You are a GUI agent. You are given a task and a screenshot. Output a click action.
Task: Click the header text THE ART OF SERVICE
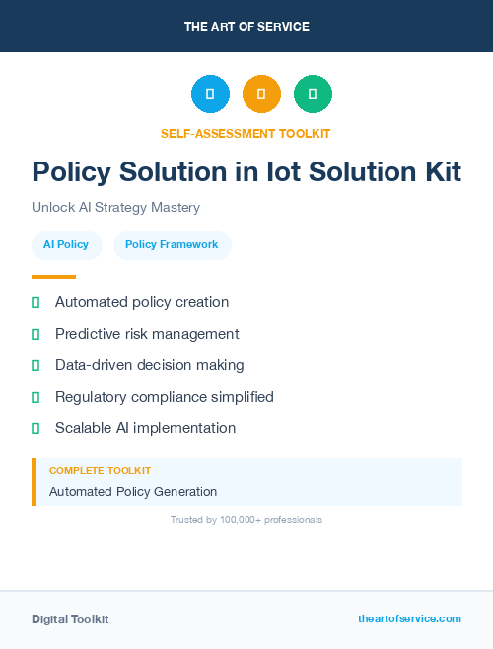click(x=246, y=27)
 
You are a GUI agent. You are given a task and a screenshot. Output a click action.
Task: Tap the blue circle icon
click(x=210, y=95)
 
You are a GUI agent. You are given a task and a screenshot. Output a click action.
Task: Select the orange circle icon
click(x=261, y=95)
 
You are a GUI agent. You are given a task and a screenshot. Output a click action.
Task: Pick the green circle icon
click(x=313, y=95)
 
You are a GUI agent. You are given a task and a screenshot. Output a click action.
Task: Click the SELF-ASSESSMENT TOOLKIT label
click(x=246, y=133)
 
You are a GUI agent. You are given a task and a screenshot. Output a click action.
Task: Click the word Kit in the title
click(x=438, y=172)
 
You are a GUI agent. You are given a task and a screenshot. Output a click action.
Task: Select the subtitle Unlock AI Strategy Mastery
click(x=115, y=208)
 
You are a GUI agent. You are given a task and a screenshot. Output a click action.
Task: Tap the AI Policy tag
click(x=66, y=245)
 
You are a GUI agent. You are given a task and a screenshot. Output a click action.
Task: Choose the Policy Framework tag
click(x=172, y=245)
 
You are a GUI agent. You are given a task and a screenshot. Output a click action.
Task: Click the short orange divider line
click(x=53, y=277)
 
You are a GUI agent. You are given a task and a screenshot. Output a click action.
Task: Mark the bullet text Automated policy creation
click(x=142, y=302)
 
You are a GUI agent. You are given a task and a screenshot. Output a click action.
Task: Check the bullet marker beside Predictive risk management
click(x=35, y=335)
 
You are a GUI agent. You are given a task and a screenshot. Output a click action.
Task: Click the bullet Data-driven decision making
click(x=149, y=365)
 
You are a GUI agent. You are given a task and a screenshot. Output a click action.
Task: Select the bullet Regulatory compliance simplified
click(x=164, y=397)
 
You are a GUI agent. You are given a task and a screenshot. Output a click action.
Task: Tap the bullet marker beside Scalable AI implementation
click(x=35, y=429)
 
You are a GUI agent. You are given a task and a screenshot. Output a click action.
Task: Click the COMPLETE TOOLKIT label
click(x=100, y=471)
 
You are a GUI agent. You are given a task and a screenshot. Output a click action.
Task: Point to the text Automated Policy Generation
click(x=133, y=492)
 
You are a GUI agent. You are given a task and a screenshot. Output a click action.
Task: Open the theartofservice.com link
click(x=409, y=618)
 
